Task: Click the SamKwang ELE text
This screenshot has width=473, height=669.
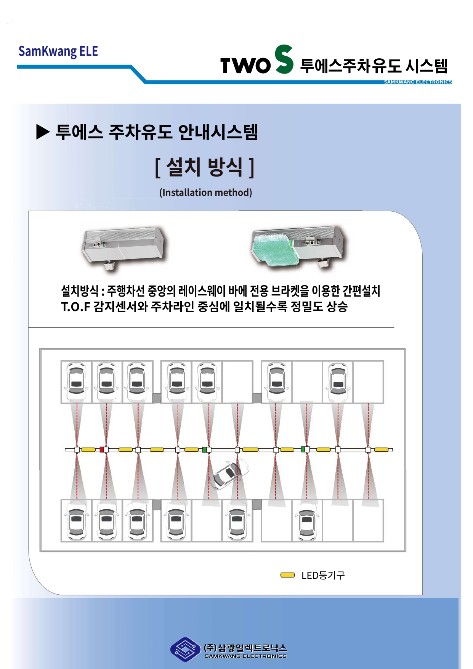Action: (x=58, y=51)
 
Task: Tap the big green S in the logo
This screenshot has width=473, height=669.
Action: (x=284, y=59)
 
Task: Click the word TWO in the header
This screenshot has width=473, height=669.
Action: (x=245, y=65)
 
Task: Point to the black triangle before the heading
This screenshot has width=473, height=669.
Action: (x=43, y=132)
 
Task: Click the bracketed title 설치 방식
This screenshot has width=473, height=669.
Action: (x=205, y=167)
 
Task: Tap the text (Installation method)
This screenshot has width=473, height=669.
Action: (x=205, y=193)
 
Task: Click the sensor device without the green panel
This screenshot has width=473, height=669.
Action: (x=123, y=247)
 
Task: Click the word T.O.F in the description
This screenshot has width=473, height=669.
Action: (x=75, y=306)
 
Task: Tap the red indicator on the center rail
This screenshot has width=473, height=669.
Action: (x=102, y=449)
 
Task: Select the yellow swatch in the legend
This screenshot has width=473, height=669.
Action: (x=287, y=575)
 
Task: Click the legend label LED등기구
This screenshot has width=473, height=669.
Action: (x=323, y=575)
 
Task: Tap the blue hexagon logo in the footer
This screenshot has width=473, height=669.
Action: (x=185, y=649)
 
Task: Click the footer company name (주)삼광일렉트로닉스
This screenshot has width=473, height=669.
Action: (x=245, y=648)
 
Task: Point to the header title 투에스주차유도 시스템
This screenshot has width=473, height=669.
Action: (x=374, y=66)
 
